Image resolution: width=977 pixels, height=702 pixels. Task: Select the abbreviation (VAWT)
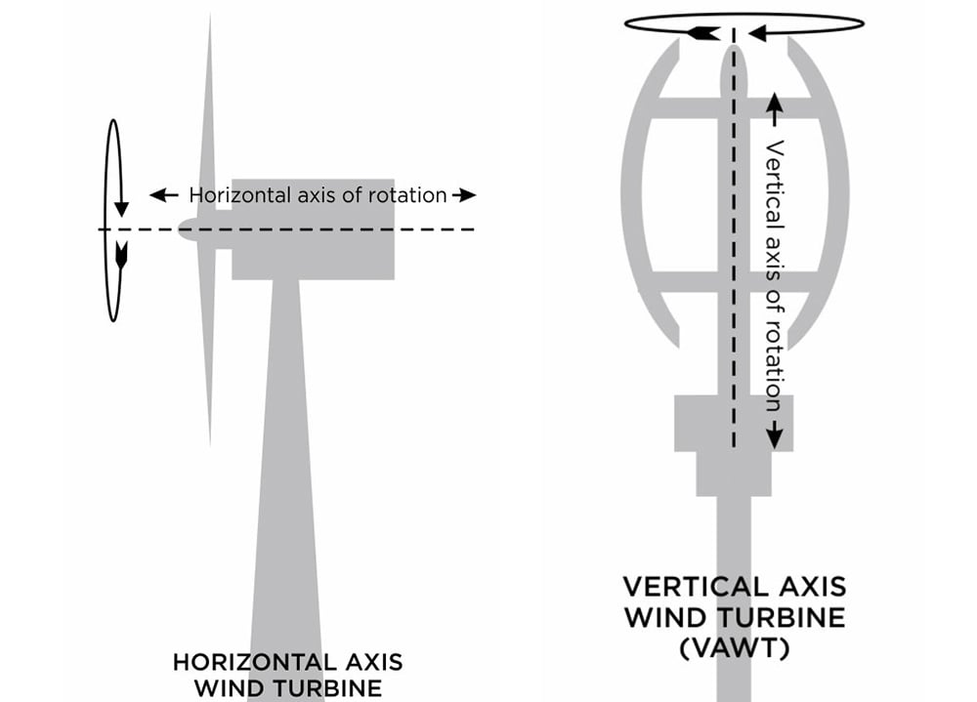(x=735, y=648)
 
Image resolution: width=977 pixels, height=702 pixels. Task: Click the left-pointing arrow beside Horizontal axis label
(x=164, y=195)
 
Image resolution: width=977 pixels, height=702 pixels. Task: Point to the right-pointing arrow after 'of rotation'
(x=464, y=195)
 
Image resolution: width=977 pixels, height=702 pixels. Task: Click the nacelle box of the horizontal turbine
(x=313, y=228)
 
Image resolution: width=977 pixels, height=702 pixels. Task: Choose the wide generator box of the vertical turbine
(x=734, y=423)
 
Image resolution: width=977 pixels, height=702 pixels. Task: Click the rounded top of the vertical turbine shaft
(x=734, y=60)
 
